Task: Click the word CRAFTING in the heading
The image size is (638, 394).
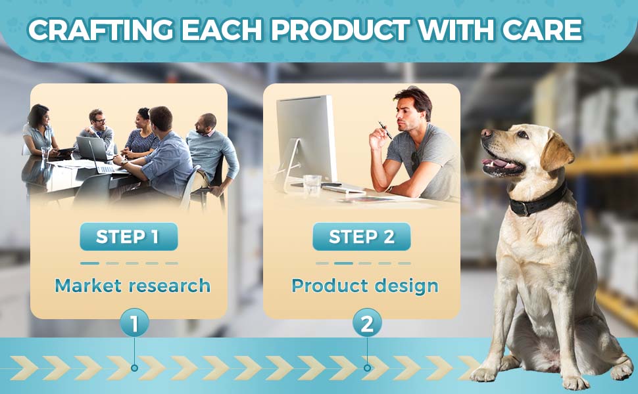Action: click(x=101, y=30)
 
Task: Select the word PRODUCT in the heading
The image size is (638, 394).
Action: click(x=340, y=30)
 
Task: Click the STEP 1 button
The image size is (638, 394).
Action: click(x=128, y=236)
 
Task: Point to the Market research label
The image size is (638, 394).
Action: click(x=133, y=286)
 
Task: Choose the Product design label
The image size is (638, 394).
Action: click(x=365, y=286)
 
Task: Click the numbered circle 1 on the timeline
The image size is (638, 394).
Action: click(x=134, y=323)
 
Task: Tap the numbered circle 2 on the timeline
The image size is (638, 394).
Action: click(x=367, y=323)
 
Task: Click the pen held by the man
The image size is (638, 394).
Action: click(x=385, y=131)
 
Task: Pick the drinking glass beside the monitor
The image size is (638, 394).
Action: click(x=312, y=185)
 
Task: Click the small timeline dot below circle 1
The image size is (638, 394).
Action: click(x=134, y=368)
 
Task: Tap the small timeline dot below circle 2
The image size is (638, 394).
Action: click(x=367, y=368)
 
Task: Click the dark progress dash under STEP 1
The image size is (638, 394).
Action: click(x=89, y=263)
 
